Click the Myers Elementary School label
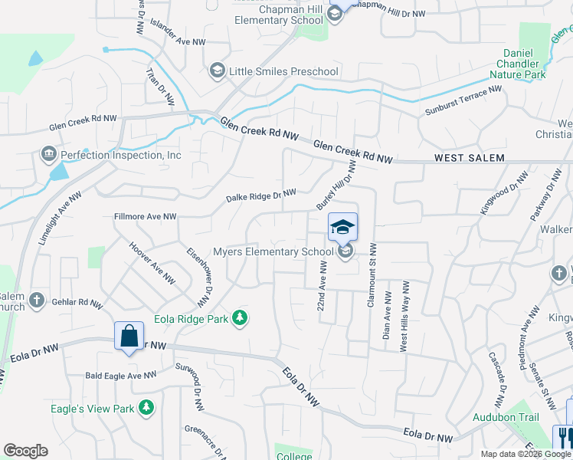(273, 251)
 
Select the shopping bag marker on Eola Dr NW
(129, 335)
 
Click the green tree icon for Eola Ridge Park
(240, 317)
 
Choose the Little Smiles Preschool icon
(217, 71)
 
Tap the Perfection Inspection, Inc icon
(50, 155)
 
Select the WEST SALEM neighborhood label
(469, 158)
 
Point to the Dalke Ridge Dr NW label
(260, 196)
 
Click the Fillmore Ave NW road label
(145, 217)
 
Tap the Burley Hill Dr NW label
(336, 185)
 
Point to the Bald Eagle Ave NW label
(120, 375)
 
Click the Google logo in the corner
(25, 451)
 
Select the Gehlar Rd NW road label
(77, 303)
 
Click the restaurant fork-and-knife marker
(564, 437)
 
